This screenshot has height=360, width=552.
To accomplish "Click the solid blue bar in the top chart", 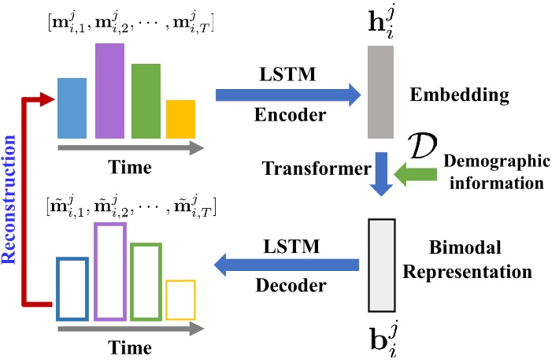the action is coord(72,108).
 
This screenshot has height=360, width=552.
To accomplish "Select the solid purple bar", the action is coord(109,91).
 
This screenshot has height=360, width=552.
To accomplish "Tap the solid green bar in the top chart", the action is coord(146,101).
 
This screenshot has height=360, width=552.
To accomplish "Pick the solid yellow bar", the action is coord(180,120).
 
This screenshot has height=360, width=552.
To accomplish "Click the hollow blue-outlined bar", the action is coord(57,289).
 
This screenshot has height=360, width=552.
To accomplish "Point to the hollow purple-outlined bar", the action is coord(95,272).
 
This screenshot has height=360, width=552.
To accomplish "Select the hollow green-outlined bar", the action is coord(132,282).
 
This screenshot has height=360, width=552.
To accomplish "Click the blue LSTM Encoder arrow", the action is coord(288,95).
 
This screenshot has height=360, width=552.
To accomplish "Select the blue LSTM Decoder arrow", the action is coord(287,265).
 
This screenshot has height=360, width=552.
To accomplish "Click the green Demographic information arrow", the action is coord(416,174).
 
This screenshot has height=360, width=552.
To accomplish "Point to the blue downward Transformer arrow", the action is coord(381,174).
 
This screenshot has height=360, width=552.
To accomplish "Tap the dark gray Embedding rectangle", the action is coord(380,92).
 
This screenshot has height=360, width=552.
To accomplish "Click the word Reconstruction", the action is coord(9,199).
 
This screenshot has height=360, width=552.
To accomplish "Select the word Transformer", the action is coord(317,169).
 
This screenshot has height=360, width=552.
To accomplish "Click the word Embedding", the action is coord(459,95).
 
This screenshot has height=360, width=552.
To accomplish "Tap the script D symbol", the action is coord(422,146).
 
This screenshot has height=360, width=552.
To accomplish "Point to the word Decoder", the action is coord(291,285).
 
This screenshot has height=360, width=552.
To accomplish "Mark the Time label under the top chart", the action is coord(130,167).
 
